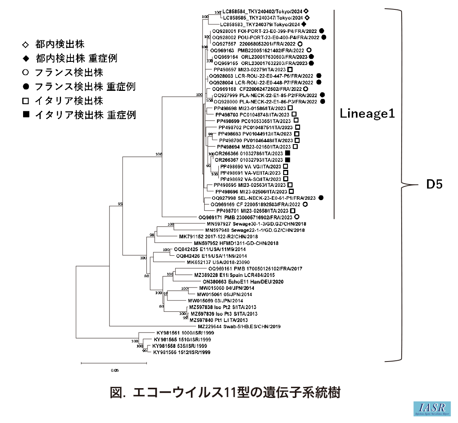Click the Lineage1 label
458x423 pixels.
(x=367, y=114)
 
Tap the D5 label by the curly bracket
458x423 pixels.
(x=434, y=184)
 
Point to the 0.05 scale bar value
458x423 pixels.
(x=115, y=370)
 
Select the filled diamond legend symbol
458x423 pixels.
(x=26, y=59)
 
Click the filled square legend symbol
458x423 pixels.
(x=26, y=115)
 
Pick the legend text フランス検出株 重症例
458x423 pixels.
(x=85, y=87)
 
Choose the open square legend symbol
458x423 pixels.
(x=26, y=101)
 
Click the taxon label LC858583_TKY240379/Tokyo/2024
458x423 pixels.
(x=260, y=24)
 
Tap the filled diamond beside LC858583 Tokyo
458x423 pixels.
(x=304, y=24)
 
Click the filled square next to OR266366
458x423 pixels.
(x=287, y=154)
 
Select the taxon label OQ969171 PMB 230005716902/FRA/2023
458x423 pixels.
(x=245, y=217)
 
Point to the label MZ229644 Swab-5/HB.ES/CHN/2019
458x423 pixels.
(x=239, y=327)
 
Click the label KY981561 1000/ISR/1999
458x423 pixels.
(x=185, y=333)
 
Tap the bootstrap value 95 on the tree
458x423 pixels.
(x=120, y=204)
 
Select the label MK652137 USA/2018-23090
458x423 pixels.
(x=218, y=262)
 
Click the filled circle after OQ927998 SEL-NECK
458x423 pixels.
(x=321, y=198)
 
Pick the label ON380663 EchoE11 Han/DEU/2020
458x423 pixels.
(x=243, y=282)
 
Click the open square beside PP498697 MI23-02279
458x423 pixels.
(x=290, y=70)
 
